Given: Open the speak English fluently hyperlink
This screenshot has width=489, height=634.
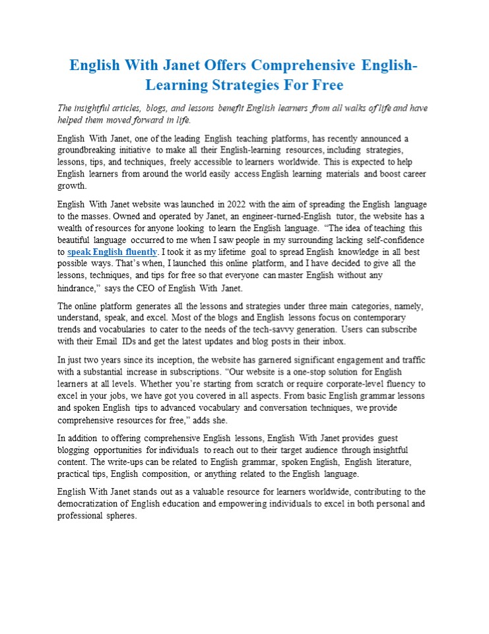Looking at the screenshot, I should (112, 252).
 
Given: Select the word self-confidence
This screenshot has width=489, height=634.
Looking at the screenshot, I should (387, 240).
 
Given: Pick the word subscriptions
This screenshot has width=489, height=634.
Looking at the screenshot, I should (199, 371).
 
